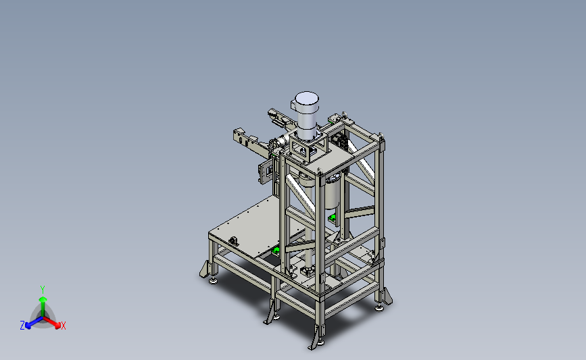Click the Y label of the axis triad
42,290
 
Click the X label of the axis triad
63,326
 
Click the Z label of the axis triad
22,326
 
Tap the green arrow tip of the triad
43,299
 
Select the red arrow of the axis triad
51,322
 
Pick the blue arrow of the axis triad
34,322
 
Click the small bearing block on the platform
234,241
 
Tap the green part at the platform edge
276,250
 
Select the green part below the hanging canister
331,217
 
